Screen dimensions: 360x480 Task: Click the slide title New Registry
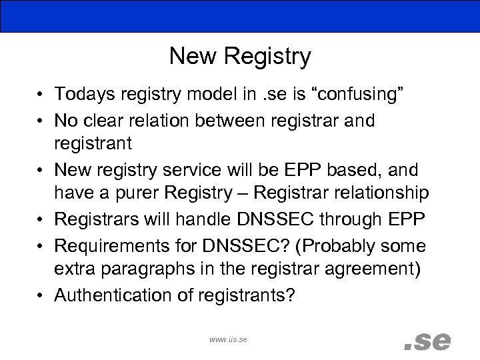click(x=240, y=57)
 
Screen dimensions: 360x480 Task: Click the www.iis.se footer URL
click(x=228, y=339)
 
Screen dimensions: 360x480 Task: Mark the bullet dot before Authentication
click(x=41, y=294)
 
